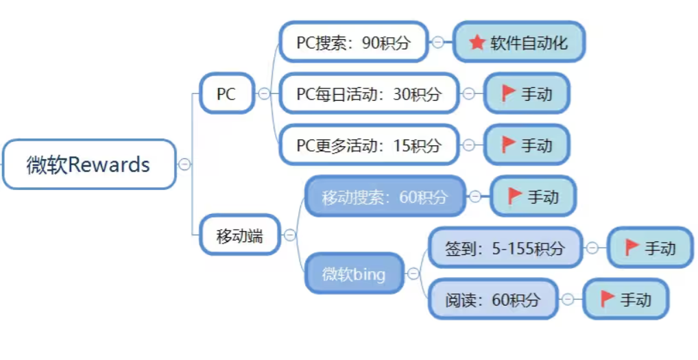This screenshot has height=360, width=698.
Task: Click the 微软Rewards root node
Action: tap(88, 165)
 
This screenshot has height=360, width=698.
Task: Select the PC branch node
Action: tap(226, 93)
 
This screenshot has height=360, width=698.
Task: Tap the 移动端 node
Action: tap(239, 235)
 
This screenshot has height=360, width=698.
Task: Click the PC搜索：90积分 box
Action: tap(353, 43)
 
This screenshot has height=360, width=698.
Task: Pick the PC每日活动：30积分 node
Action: tap(369, 94)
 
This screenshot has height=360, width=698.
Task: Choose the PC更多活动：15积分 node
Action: tap(369, 145)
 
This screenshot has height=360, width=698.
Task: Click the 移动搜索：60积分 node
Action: tap(385, 197)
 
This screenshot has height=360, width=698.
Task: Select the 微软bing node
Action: tap(354, 274)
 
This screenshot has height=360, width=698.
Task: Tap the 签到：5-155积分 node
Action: tap(505, 248)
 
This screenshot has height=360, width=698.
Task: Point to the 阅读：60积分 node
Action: tap(492, 299)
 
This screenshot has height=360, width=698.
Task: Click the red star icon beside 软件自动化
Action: tap(477, 43)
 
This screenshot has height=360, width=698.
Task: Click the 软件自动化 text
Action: tap(529, 43)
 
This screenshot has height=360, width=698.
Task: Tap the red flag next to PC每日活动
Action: tap(508, 93)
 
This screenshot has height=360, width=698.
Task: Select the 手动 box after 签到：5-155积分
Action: tap(650, 248)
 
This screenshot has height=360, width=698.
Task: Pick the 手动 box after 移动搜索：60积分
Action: tap(533, 197)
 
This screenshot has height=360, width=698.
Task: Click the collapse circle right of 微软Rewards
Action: tap(184, 165)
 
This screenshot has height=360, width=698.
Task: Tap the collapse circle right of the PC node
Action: tap(264, 94)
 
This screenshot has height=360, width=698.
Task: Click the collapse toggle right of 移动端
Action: tap(290, 235)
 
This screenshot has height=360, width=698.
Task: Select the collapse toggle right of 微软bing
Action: tap(413, 274)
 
